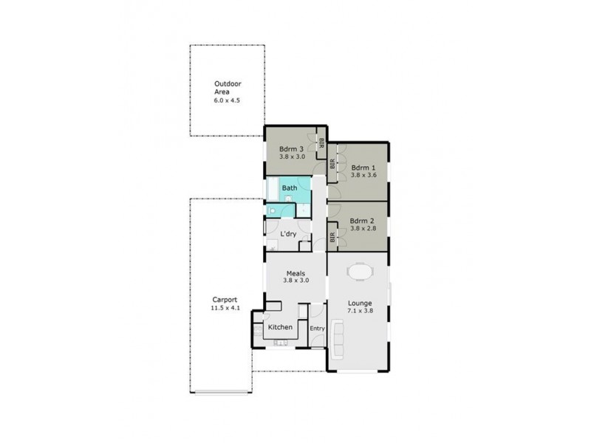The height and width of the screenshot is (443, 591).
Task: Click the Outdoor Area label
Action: point(227,88)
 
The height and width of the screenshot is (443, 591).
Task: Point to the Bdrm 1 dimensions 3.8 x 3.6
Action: point(363,175)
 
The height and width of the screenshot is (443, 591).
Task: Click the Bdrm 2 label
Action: point(363,220)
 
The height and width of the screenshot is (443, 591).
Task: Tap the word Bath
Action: point(290,188)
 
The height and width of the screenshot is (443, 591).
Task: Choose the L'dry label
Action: point(289,233)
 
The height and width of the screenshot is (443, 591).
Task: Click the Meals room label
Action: point(295,272)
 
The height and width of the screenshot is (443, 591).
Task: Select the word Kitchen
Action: point(279,327)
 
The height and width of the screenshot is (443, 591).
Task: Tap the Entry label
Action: point(317,329)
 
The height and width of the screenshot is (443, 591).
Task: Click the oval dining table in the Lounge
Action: point(360,272)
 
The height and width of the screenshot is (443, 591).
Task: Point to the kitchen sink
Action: point(281,342)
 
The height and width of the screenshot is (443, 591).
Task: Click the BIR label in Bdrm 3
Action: point(321,143)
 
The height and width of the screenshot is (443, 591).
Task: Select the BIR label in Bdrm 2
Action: point(332,237)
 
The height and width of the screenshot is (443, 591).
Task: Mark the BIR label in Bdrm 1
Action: point(332,164)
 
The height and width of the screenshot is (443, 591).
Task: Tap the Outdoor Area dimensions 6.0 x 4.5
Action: point(227,99)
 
